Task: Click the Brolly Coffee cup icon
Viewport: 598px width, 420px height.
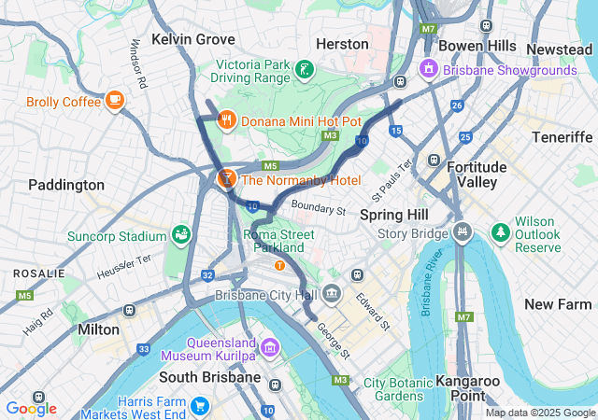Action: tap(115, 99)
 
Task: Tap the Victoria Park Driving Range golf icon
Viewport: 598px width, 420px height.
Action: tap(305, 69)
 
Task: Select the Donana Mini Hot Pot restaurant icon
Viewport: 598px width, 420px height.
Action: tap(226, 119)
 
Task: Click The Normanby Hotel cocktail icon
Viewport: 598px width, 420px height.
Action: tap(226, 177)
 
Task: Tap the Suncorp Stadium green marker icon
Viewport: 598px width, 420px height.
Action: tap(181, 234)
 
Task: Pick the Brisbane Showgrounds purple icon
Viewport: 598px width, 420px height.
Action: tap(429, 68)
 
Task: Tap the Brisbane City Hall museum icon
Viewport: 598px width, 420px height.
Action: tap(333, 296)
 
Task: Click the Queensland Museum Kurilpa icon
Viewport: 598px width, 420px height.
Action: tap(270, 348)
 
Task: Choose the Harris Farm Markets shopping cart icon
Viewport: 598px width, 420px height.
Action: tap(199, 406)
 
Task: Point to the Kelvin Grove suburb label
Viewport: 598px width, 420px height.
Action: tap(193, 39)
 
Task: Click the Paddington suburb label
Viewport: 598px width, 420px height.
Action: tap(66, 185)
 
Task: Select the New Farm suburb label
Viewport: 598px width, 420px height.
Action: tap(557, 304)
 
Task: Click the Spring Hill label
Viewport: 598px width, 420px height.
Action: tap(393, 215)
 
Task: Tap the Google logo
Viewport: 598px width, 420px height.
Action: tap(31, 408)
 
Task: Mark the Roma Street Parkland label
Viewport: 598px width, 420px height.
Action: tap(278, 242)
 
